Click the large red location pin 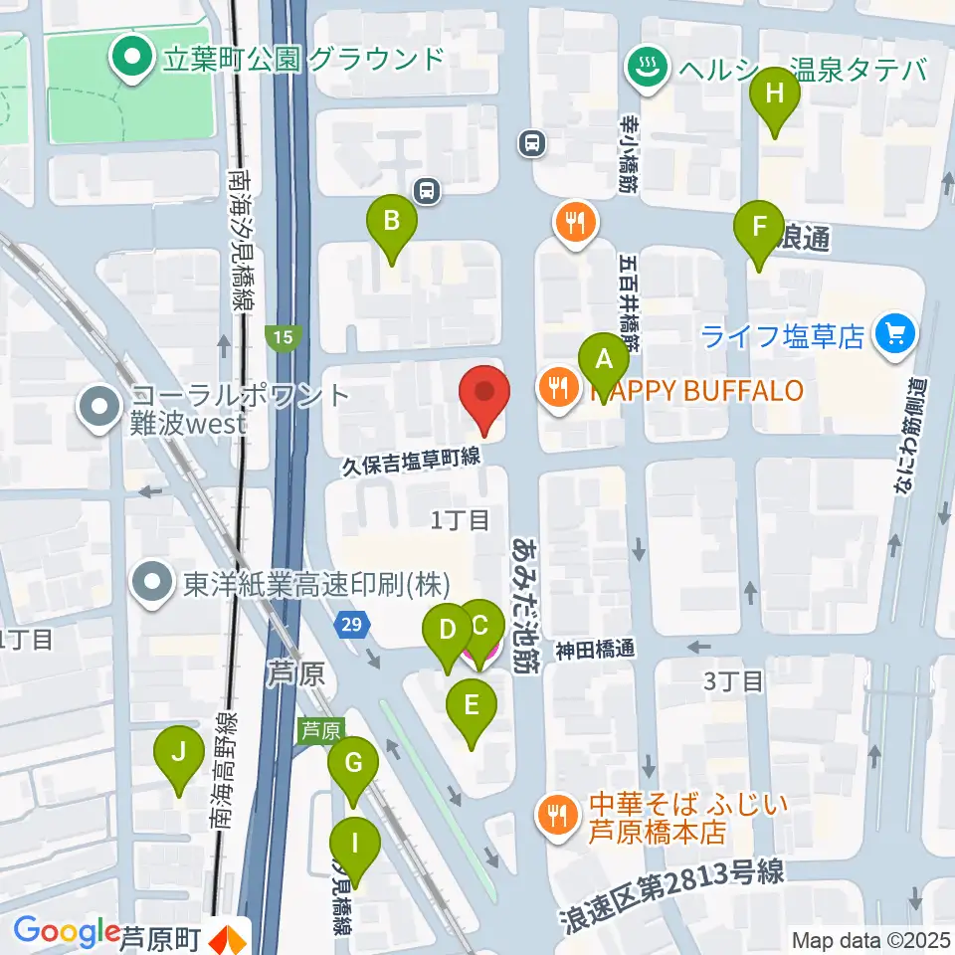[484, 396]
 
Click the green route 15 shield [284, 338]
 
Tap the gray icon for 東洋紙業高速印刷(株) [154, 583]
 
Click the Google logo [67, 932]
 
